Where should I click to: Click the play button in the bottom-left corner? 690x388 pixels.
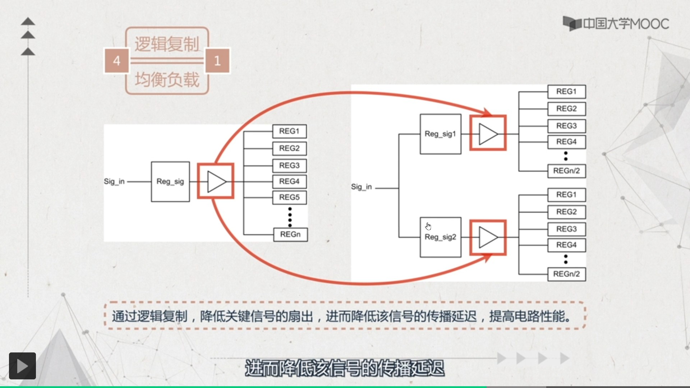(22, 366)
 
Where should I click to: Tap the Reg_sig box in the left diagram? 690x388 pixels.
(170, 181)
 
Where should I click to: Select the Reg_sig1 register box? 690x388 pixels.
(440, 134)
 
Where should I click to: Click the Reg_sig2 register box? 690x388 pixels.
(440, 237)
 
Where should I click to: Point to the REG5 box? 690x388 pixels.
(289, 197)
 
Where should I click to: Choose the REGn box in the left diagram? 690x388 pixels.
(290, 234)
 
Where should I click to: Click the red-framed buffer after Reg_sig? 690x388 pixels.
(216, 181)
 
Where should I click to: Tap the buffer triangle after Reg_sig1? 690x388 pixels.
(488, 134)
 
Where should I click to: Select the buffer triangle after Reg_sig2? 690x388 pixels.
(488, 237)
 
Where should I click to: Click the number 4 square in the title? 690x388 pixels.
(116, 61)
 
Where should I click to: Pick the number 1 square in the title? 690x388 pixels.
(217, 61)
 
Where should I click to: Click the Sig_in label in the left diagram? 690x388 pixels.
(114, 181)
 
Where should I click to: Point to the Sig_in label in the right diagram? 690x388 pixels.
(362, 187)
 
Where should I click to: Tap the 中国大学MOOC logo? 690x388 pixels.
(616, 24)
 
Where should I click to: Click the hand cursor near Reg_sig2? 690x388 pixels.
(428, 226)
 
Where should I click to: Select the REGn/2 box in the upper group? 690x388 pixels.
(566, 171)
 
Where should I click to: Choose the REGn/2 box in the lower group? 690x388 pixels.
(566, 274)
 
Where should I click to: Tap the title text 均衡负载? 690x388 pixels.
(167, 79)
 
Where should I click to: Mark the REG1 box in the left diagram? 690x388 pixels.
(289, 131)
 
